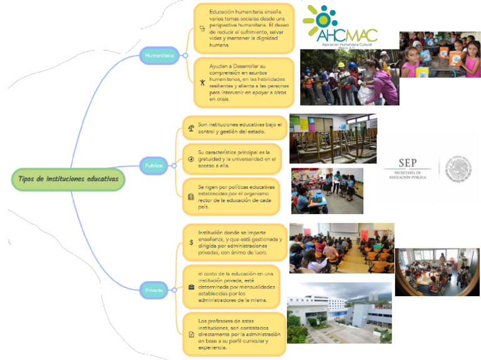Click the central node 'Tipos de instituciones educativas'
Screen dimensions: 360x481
click(x=68, y=179)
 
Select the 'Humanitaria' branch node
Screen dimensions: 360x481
click(x=160, y=56)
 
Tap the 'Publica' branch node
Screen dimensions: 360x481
click(x=153, y=166)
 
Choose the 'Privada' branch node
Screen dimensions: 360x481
click(x=154, y=291)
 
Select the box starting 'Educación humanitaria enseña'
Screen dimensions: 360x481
click(x=243, y=29)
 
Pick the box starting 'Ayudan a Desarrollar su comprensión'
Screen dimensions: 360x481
click(x=243, y=82)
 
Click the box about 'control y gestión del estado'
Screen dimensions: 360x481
click(x=235, y=128)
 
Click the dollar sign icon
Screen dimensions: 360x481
click(x=190, y=242)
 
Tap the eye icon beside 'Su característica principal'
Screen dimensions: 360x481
click(x=191, y=159)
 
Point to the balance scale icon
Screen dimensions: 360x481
click(x=191, y=128)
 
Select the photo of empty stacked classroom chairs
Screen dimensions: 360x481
click(x=333, y=138)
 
